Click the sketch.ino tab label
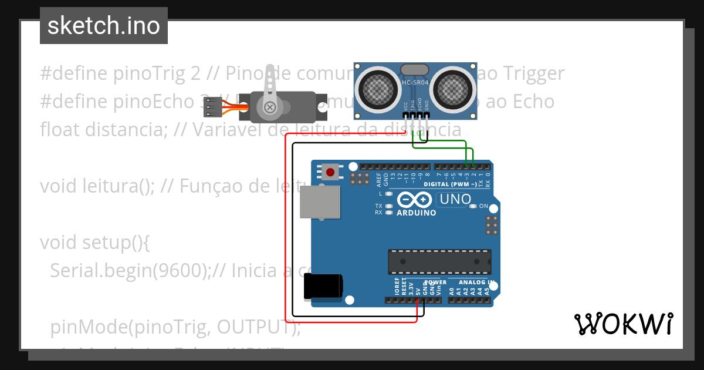(x=104, y=26)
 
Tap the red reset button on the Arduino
(x=330, y=172)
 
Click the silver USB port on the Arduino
(x=320, y=202)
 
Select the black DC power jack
(x=323, y=287)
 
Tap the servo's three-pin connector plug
(x=213, y=107)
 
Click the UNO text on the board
(x=455, y=200)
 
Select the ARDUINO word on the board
(x=417, y=213)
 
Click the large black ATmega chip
(x=439, y=262)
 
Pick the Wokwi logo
(x=623, y=324)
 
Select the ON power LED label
(x=483, y=206)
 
